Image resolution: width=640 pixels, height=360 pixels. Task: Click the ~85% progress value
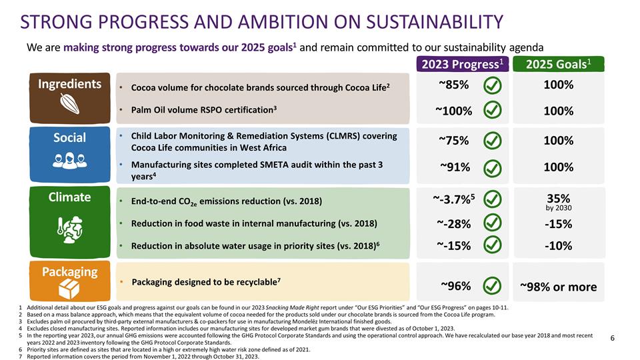[453, 85]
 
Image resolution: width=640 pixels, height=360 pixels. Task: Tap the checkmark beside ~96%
[491, 286]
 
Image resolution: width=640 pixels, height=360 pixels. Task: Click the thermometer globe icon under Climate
[69, 226]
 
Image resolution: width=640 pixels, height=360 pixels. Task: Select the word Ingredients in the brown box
[69, 84]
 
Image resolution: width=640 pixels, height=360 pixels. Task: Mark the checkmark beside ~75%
[491, 141]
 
